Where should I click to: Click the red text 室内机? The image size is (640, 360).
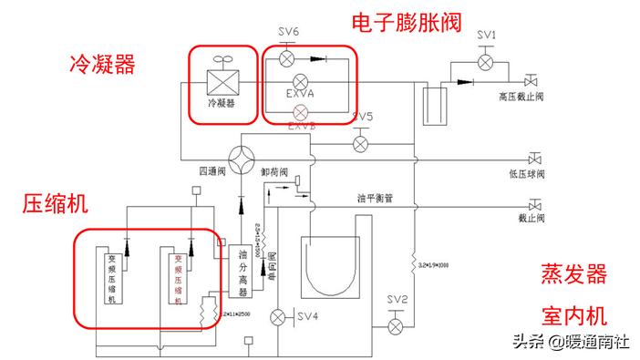click(573, 315)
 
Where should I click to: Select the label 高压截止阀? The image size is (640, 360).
click(521, 94)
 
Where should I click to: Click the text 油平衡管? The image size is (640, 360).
click(375, 197)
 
